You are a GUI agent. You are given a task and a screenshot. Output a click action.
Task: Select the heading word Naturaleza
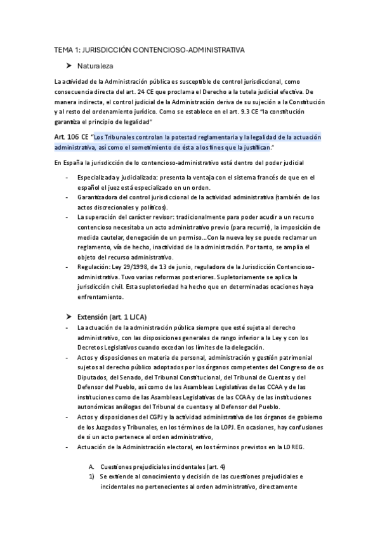tap(96, 65)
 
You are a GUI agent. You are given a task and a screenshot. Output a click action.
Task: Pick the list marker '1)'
tap(92, 476)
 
